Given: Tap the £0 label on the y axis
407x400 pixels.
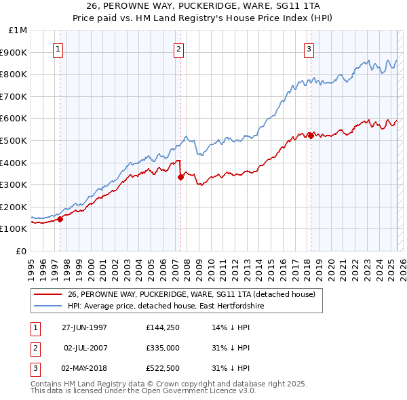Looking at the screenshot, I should tap(22, 251).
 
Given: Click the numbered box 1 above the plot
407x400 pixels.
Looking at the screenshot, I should tap(58, 49).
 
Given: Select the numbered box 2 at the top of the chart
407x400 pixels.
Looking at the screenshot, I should tap(178, 49).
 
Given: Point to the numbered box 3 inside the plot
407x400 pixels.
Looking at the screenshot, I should tap(309, 49).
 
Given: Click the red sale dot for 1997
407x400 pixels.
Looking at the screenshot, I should tap(60, 219).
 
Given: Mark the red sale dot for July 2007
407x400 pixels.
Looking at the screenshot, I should tap(180, 177).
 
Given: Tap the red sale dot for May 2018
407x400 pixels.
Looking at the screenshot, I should tap(311, 136).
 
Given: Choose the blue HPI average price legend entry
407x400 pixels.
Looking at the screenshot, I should tap(166, 306).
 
